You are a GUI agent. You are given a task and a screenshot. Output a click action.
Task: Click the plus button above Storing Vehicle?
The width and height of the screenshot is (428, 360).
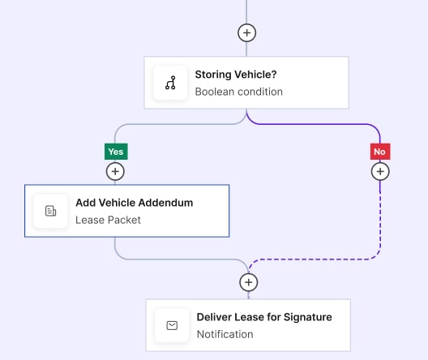pyautogui.click(x=246, y=33)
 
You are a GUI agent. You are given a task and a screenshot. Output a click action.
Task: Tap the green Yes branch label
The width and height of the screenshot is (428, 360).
pyautogui.click(x=116, y=152)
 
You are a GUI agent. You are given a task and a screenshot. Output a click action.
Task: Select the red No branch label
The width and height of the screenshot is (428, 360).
pyautogui.click(x=380, y=152)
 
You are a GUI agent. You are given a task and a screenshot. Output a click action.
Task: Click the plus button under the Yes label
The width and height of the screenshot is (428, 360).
pyautogui.click(x=115, y=172)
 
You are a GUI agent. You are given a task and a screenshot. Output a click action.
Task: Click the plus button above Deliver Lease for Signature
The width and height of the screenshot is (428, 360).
pyautogui.click(x=248, y=282)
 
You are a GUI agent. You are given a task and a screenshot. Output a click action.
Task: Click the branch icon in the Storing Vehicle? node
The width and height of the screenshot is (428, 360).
pyautogui.click(x=170, y=83)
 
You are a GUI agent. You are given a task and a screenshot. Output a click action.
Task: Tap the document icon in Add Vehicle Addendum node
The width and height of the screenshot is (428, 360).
pyautogui.click(x=51, y=211)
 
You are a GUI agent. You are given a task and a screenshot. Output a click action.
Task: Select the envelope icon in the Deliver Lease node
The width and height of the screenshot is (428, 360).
pyautogui.click(x=172, y=325)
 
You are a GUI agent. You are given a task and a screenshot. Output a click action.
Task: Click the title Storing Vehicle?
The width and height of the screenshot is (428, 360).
pyautogui.click(x=236, y=75)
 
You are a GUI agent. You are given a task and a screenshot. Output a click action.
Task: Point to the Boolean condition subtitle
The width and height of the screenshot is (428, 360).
pyautogui.click(x=239, y=92)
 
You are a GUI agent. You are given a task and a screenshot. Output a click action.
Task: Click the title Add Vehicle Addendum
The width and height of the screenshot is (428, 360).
pyautogui.click(x=135, y=203)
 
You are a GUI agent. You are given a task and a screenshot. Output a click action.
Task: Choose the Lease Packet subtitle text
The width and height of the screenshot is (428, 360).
pyautogui.click(x=108, y=220)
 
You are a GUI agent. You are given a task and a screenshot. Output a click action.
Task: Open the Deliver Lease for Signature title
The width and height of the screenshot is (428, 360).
pyautogui.click(x=264, y=317)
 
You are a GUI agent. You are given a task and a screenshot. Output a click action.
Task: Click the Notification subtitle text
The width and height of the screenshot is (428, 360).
pyautogui.click(x=225, y=334)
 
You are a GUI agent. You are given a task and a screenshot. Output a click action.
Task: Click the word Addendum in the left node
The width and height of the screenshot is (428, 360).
pyautogui.click(x=166, y=203)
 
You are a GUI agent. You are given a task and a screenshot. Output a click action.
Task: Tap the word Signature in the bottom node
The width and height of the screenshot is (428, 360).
pyautogui.click(x=308, y=317)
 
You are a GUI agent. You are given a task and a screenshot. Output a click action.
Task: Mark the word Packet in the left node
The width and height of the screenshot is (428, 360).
pyautogui.click(x=125, y=220)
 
